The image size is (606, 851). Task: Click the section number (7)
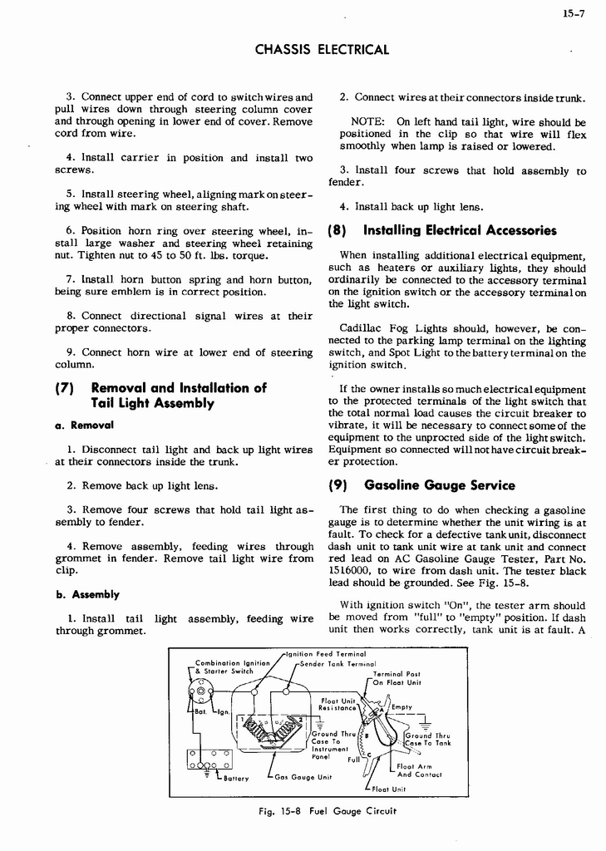coord(66,388)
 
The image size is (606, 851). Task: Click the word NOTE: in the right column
coord(367,122)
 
